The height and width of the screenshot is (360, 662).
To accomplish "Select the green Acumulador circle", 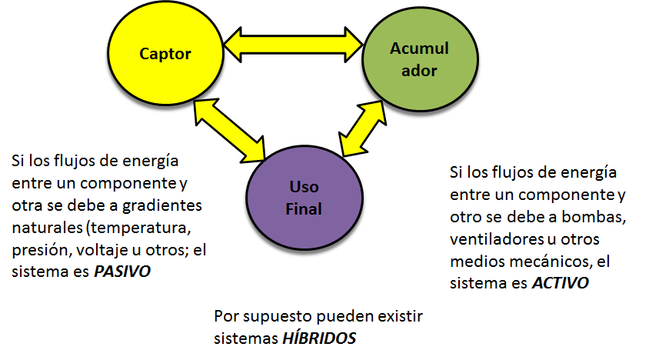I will coord(412,60).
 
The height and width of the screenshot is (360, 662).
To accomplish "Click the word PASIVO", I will coord(121,272).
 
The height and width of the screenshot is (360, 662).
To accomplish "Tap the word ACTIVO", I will coord(561,282).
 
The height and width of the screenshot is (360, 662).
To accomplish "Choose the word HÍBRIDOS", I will coord(318,338).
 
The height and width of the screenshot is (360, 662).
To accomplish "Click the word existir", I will coord(400,316).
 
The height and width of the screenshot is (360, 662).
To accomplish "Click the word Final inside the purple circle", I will coord(305,208).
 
